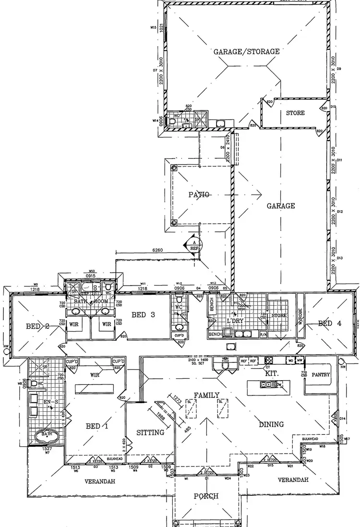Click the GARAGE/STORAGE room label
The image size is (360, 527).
246,51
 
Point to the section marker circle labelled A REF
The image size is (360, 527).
195,245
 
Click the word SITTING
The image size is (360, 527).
151,432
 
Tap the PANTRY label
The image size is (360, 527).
321,374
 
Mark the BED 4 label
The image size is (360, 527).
330,323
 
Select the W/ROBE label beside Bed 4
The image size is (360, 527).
301,316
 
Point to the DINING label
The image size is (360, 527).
271,424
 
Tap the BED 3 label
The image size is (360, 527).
143,315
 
